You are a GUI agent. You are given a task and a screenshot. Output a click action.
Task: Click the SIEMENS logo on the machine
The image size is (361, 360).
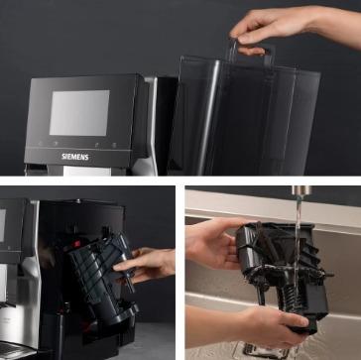[x=75, y=157]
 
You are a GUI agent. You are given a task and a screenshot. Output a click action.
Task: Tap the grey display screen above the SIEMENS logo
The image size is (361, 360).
[x=79, y=112]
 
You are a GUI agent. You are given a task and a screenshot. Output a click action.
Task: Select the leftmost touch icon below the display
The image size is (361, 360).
[x=40, y=144]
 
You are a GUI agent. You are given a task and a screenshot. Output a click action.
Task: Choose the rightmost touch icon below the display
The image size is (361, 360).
[x=114, y=145]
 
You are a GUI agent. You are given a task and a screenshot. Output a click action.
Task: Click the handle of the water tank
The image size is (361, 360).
[x=251, y=53]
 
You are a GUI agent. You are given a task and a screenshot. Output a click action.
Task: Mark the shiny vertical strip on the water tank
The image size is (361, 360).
[x=207, y=117]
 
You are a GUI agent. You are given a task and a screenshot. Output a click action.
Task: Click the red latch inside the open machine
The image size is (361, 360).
[x=75, y=244]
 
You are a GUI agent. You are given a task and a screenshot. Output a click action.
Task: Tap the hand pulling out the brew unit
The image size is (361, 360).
[x=146, y=265]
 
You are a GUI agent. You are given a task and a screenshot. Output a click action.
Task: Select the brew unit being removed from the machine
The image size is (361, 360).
[x=102, y=275]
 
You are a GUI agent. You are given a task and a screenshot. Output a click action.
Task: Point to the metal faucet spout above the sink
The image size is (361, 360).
[x=301, y=190]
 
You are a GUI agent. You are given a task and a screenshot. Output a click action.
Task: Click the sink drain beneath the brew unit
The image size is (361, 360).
[x=261, y=351]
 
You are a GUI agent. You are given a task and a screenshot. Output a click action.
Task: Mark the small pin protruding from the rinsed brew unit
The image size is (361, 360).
[x=328, y=275]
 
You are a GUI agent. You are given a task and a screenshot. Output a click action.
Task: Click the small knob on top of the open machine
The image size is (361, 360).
[x=78, y=200]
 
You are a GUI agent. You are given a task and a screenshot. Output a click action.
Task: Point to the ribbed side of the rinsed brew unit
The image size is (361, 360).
[x=312, y=251]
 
